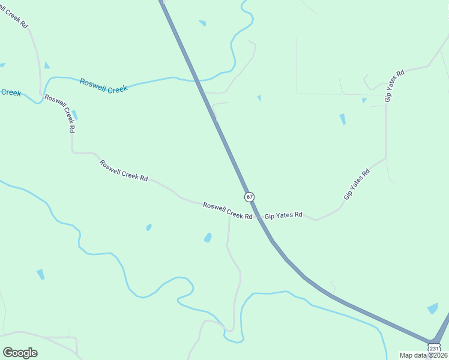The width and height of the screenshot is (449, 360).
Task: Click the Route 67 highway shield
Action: point(249,197)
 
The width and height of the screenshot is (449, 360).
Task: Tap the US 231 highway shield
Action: point(433,348)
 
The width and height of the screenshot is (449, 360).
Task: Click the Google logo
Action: point(20,353)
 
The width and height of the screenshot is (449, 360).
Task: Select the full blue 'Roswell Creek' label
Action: point(104,86)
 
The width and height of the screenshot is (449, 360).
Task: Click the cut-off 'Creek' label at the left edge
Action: point(10,93)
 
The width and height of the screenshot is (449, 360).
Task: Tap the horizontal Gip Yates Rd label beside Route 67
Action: point(283,215)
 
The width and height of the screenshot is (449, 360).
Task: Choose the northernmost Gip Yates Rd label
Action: point(395,85)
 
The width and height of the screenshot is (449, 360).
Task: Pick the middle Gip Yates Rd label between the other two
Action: point(357,184)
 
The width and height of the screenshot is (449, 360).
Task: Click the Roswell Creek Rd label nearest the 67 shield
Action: point(227,211)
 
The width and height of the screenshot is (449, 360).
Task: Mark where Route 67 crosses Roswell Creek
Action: point(198,80)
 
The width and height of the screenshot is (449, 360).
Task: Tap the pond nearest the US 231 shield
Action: point(433,308)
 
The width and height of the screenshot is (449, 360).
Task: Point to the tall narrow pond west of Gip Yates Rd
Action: point(342,119)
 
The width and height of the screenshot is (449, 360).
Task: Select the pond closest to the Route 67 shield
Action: point(208,238)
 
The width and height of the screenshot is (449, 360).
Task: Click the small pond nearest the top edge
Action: point(202,23)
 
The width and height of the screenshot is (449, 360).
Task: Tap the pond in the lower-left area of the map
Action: point(40,274)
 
